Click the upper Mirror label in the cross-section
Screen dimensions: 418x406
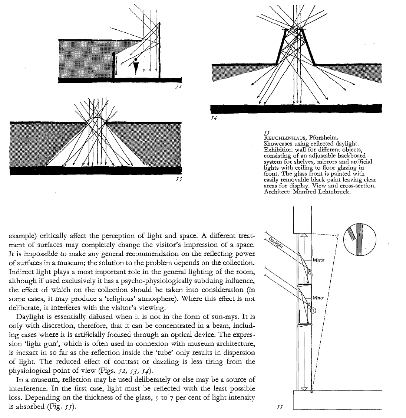[318, 260]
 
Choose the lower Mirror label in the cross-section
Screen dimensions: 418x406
[318, 298]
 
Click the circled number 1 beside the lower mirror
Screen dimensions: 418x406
[313, 311]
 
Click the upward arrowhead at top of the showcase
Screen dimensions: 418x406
[304, 235]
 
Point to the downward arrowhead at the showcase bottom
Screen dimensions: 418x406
[304, 388]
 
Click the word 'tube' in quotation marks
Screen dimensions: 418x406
[164, 352]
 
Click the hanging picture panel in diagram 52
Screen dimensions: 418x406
[116, 66]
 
